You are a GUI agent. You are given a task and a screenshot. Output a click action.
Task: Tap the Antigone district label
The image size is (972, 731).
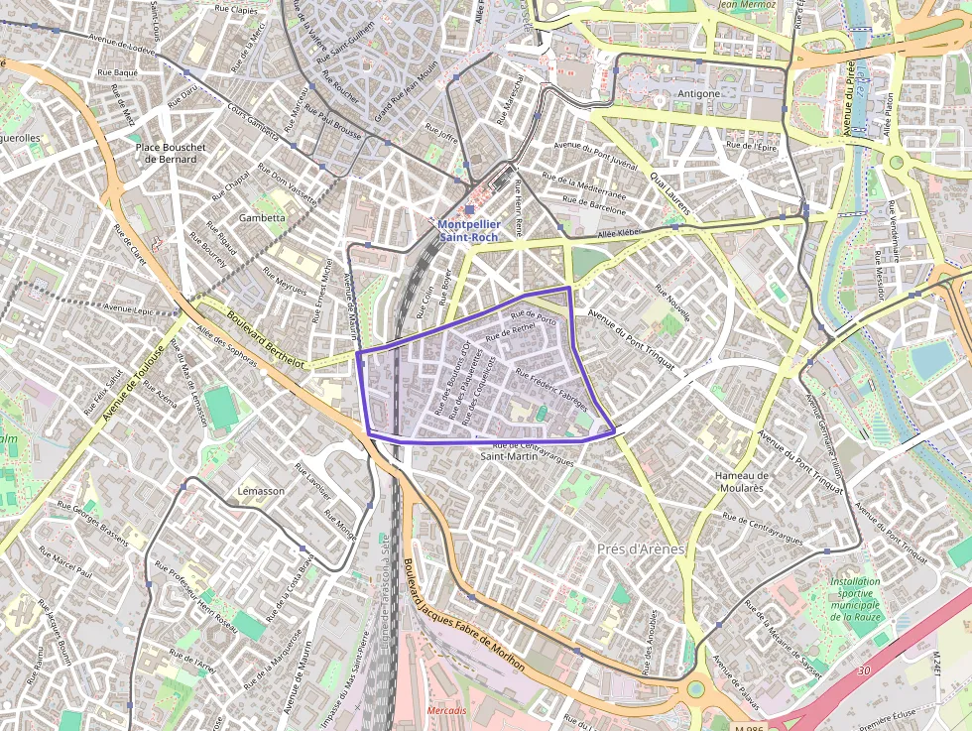click(x=698, y=94)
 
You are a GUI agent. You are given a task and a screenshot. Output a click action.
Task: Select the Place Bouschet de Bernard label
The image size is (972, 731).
click(x=170, y=153)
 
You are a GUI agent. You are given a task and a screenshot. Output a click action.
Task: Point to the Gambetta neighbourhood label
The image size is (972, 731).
click(x=262, y=217)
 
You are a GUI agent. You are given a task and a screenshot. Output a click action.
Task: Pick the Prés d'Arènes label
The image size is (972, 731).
click(x=642, y=548)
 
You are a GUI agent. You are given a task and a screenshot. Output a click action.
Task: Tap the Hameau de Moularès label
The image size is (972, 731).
click(x=741, y=481)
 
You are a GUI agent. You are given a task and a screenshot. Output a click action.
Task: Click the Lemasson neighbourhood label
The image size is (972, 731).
click(x=262, y=491)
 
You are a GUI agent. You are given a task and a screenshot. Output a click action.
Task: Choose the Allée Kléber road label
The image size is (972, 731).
click(x=622, y=234)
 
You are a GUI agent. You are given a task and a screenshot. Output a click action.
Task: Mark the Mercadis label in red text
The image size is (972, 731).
click(x=447, y=711)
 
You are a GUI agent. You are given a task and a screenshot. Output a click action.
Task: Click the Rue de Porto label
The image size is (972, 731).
click(x=534, y=314)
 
